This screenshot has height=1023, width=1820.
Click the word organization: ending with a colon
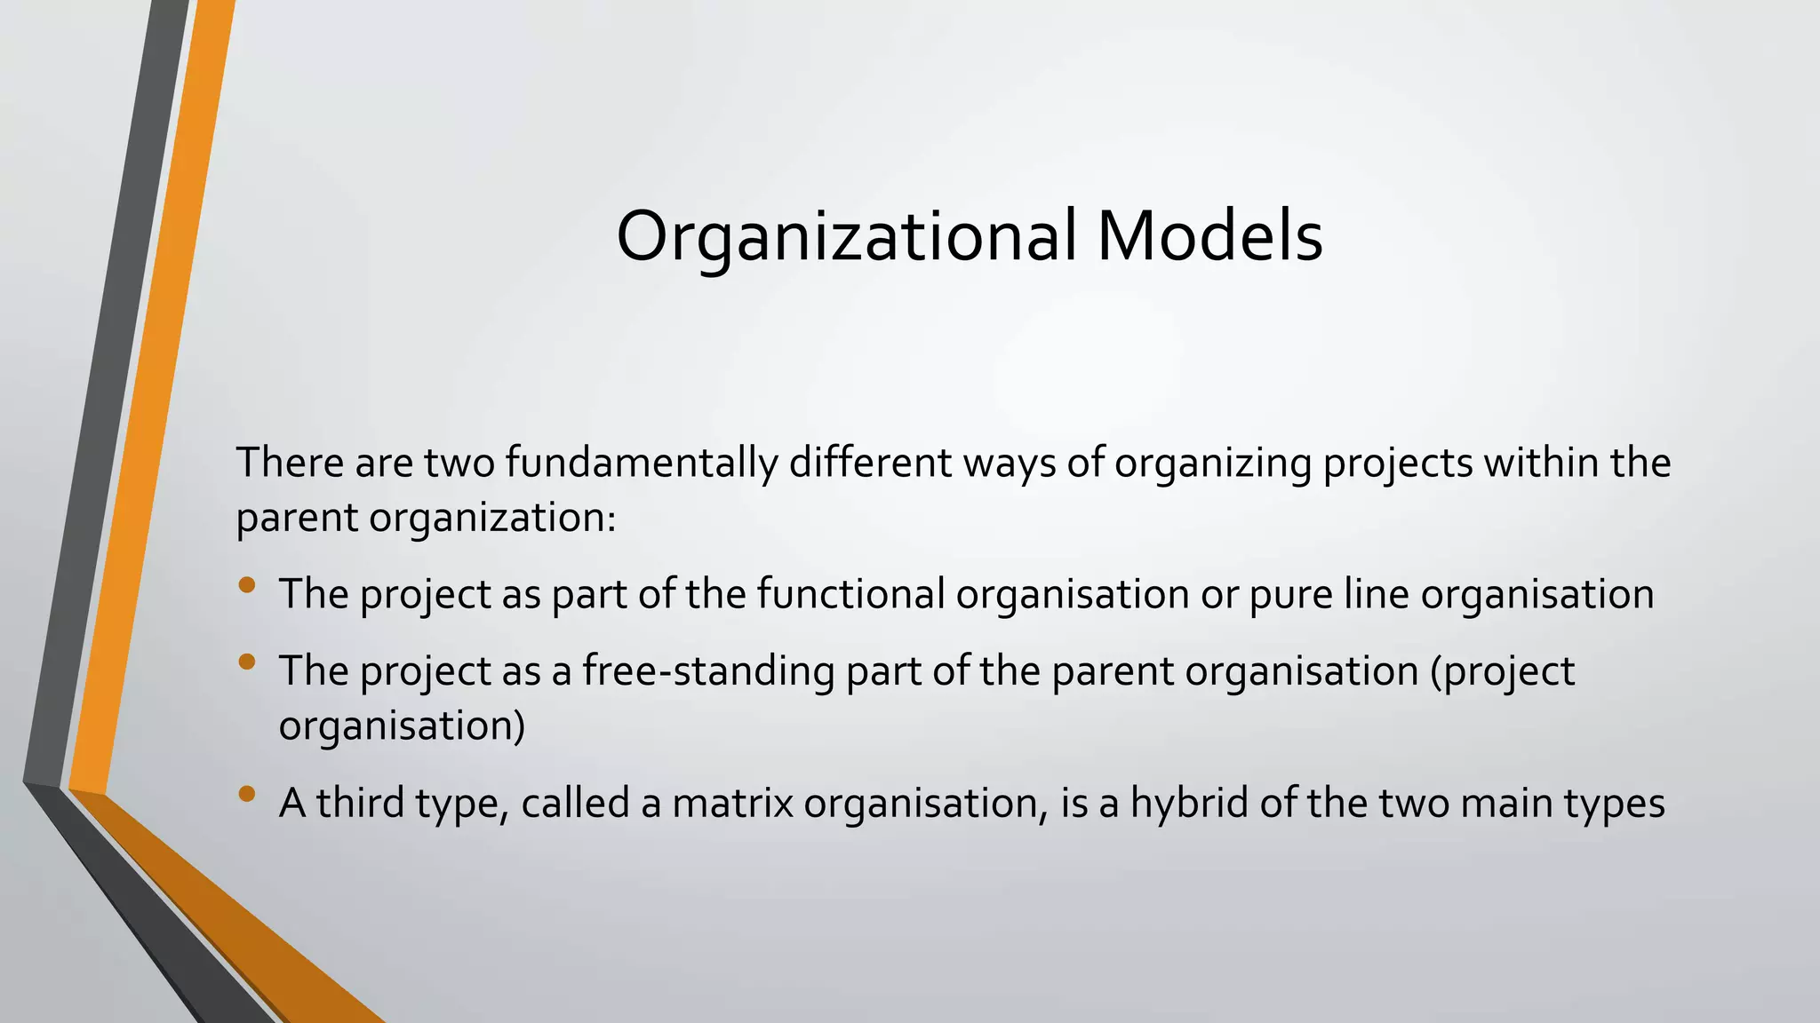(x=492, y=518)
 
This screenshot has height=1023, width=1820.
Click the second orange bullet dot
(x=247, y=662)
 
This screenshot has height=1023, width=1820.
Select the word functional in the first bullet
(x=850, y=593)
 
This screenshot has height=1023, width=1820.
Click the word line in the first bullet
(x=1377, y=593)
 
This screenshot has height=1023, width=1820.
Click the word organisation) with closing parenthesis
(x=402, y=726)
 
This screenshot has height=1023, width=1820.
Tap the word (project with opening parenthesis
(x=1502, y=670)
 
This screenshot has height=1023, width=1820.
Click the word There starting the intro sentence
(x=290, y=463)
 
